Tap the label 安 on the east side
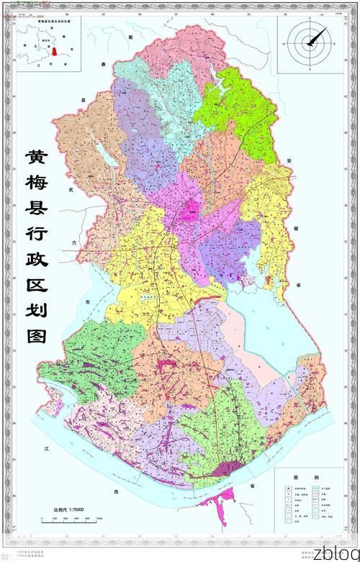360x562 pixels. pos(287,159)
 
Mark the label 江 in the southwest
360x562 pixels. pos(46,448)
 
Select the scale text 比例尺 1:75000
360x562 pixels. pos(69,509)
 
